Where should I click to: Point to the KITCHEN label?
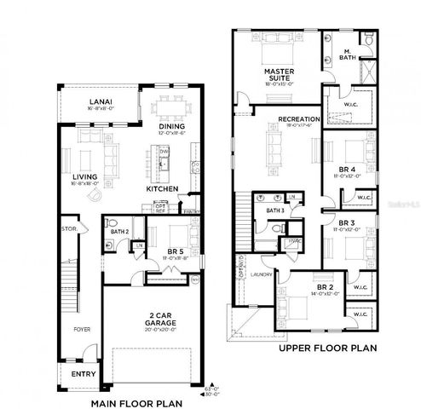pyautogui.click(x=161, y=187)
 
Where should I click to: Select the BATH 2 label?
pyautogui.click(x=118, y=230)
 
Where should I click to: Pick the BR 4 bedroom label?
pyautogui.click(x=347, y=170)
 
